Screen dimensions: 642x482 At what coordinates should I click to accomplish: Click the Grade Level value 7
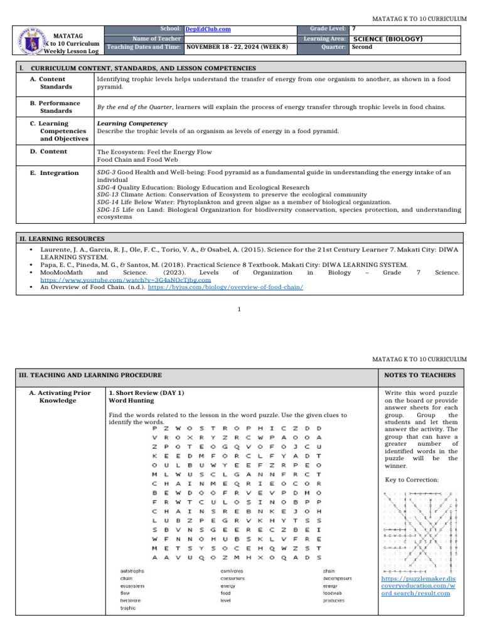354,29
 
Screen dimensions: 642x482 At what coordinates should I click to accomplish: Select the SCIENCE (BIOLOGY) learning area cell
388,39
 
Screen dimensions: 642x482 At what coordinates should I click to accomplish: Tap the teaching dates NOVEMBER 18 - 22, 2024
238,47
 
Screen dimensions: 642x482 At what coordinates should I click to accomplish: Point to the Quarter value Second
362,47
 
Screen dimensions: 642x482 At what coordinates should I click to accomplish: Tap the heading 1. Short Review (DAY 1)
145,392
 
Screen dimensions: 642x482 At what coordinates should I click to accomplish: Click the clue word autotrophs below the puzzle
132,571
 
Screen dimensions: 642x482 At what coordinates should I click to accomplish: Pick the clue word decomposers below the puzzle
337,579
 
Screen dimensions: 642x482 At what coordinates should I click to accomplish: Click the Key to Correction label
409,480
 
